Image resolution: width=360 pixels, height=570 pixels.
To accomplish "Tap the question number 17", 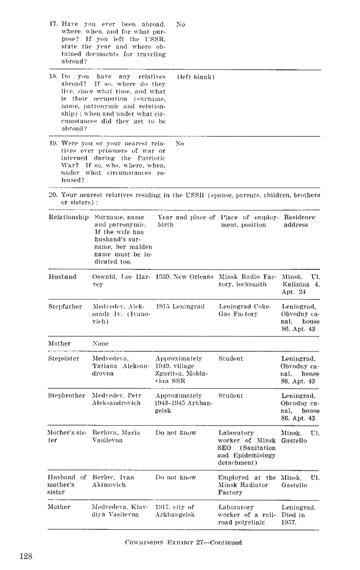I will [53, 24].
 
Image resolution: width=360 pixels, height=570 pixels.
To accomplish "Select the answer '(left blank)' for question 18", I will [196, 77].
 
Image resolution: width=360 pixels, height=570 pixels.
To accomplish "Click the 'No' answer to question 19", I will [180, 143].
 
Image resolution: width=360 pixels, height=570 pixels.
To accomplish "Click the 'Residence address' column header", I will [299, 221].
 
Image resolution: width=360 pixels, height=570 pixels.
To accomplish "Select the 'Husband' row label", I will [63, 277].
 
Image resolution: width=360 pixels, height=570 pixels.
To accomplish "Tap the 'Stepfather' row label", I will [65, 307].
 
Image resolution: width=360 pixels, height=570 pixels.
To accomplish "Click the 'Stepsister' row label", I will [64, 359].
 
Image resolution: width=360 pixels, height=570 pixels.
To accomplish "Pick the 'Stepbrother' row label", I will [67, 395].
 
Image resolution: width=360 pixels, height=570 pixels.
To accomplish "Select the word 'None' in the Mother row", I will [100, 344].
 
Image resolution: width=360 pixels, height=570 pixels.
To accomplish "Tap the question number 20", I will [53, 195].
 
